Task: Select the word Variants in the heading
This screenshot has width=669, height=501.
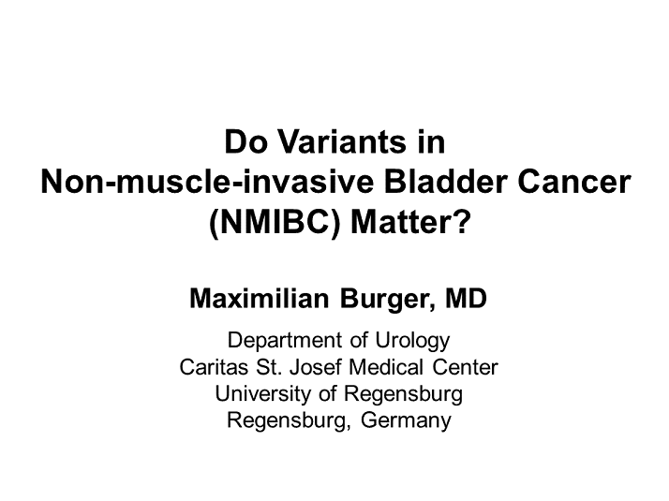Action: [x=343, y=141]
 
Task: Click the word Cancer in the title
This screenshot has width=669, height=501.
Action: [x=574, y=182]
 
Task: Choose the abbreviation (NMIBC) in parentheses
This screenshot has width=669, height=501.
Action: [x=275, y=223]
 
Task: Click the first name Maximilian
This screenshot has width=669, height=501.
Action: [x=259, y=299]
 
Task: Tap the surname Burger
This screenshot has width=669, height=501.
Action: [x=387, y=300]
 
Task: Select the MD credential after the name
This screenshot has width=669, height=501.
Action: [x=466, y=299]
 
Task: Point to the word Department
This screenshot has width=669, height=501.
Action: [x=285, y=341]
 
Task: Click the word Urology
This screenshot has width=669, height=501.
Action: [x=412, y=341]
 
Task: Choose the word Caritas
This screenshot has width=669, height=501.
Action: [x=214, y=367]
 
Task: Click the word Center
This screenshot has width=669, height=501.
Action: [x=465, y=367]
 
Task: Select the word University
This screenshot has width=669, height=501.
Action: [x=262, y=394]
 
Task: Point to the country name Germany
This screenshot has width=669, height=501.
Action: [x=406, y=420]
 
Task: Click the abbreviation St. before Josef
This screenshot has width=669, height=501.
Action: [x=269, y=367]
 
